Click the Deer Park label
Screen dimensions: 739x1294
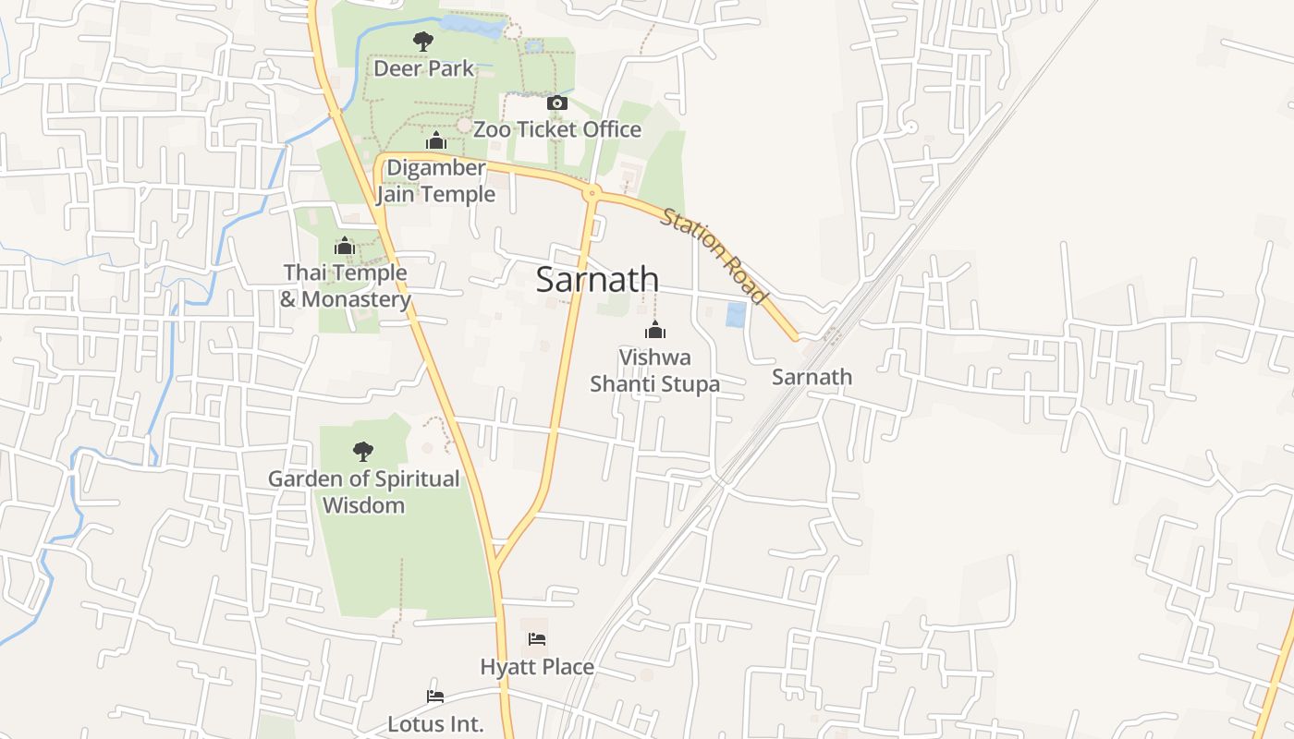tap(423, 68)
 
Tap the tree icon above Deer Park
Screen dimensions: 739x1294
tap(423, 42)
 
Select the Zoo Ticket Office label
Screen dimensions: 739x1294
tap(556, 129)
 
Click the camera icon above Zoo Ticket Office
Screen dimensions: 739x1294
tap(556, 103)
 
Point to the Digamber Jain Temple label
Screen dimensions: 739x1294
tap(435, 181)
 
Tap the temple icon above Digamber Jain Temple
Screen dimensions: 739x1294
tap(436, 141)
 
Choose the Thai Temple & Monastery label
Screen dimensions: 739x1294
tap(345, 285)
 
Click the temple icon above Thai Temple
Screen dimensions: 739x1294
tap(345, 246)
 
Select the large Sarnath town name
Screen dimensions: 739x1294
tap(597, 280)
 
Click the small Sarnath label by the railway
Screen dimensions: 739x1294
tap(812, 377)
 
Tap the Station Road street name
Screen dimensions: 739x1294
tap(714, 256)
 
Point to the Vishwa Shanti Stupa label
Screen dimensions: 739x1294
tap(654, 370)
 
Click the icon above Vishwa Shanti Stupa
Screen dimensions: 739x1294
tap(654, 330)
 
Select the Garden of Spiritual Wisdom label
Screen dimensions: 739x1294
tap(363, 491)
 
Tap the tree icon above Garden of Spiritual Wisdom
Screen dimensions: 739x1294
tap(363, 452)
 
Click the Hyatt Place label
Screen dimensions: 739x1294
tap(536, 666)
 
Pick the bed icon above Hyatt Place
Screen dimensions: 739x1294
tap(536, 639)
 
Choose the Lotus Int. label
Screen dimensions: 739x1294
tap(435, 723)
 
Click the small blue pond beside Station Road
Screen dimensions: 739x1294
tap(736, 315)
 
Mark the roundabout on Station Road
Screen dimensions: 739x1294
tap(592, 193)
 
